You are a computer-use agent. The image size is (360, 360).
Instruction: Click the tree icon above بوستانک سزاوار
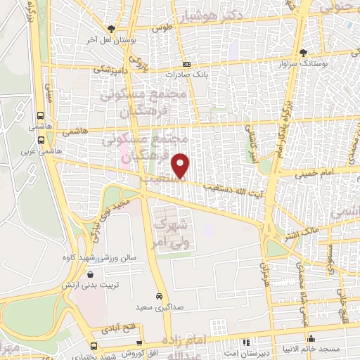(x=302, y=53)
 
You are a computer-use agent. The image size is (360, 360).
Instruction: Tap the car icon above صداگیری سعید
(x=160, y=296)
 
